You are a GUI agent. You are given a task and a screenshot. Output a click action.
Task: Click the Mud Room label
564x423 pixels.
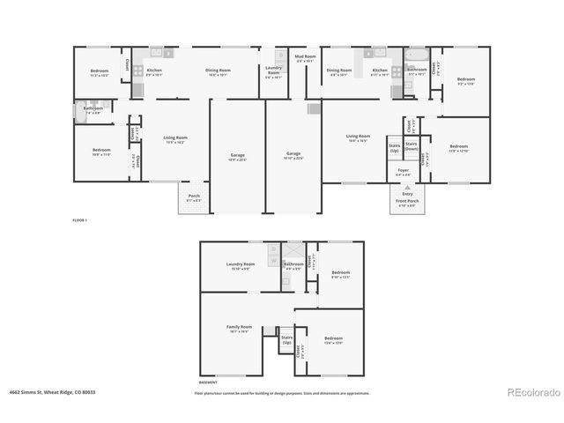[305, 58]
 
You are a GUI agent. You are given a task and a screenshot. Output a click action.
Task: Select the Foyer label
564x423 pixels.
[403, 172]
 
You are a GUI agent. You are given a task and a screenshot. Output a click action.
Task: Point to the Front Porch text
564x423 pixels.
[405, 203]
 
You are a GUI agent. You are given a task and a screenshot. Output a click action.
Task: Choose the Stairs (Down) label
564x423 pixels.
[412, 146]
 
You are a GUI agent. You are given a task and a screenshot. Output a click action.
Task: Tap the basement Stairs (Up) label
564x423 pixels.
[286, 339]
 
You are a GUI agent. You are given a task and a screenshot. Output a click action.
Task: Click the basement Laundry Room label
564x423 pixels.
[240, 265]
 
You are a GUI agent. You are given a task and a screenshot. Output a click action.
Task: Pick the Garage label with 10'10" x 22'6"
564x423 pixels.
[293, 157]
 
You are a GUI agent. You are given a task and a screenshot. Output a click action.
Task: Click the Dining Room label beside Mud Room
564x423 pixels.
[339, 71]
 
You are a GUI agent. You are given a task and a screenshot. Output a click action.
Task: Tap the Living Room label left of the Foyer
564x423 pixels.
[358, 137]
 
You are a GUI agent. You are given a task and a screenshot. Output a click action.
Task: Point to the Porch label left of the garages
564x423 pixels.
[194, 197]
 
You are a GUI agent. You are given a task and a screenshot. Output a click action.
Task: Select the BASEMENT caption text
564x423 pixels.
[208, 383]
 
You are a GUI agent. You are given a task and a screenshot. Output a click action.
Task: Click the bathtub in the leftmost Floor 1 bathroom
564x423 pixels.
[82, 113]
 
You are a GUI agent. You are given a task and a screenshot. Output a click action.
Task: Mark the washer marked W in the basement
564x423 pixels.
[274, 262]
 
